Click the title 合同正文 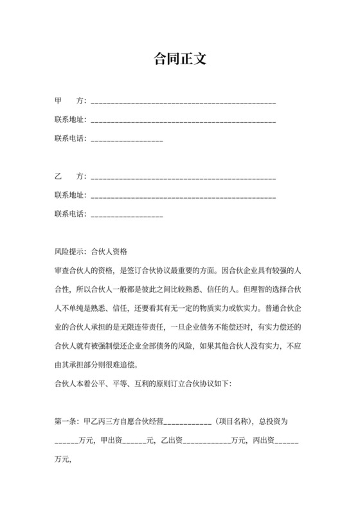click(x=180, y=59)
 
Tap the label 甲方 click(x=71, y=102)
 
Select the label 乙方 click(x=71, y=176)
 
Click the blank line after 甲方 click(x=184, y=103)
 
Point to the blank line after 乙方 click(x=184, y=177)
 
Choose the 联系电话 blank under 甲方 click(x=127, y=140)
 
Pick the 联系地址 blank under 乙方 click(x=184, y=196)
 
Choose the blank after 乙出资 click(x=206, y=442)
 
